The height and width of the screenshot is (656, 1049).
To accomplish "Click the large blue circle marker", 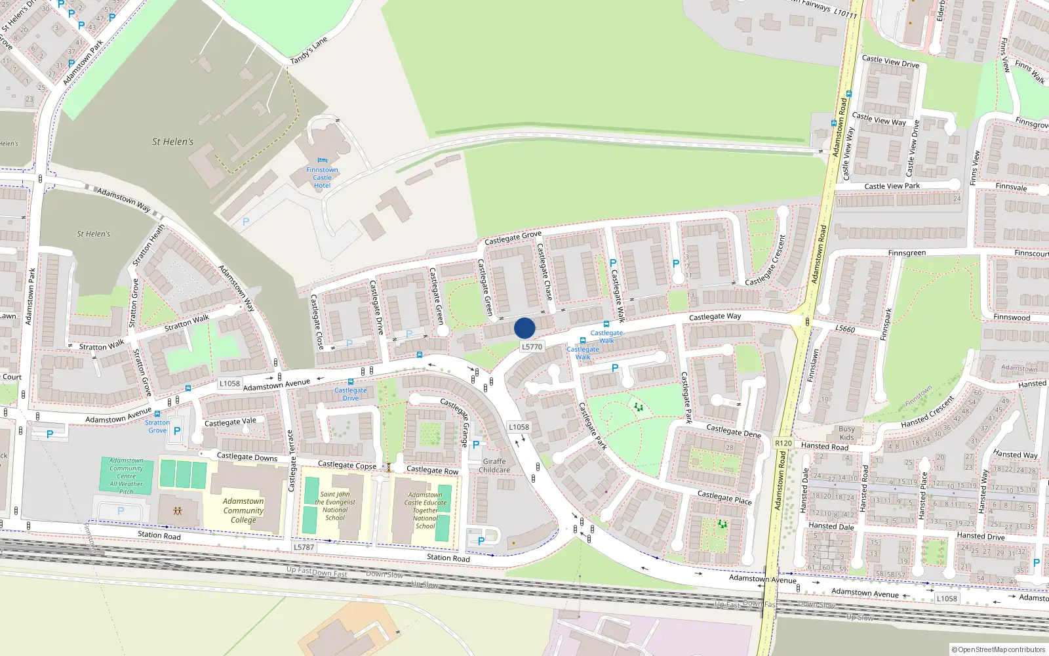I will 524,328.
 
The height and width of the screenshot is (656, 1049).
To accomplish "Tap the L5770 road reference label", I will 532,347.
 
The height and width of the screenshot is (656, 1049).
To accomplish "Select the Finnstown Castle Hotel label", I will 322,178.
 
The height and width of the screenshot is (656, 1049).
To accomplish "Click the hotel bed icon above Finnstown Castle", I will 322,160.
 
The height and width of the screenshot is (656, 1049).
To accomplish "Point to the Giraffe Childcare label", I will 494,466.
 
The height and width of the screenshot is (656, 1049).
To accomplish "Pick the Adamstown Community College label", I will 243,510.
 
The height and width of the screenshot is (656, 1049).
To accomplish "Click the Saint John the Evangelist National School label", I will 335,506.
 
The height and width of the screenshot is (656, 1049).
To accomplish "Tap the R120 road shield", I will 783,443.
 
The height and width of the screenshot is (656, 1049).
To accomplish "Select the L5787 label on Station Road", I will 304,547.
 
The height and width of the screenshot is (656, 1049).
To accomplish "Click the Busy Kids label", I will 846,433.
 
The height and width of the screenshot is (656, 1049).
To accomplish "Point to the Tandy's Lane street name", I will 309,51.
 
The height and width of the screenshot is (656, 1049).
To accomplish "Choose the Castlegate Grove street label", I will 513,237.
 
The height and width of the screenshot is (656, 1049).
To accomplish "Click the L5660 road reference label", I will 845,328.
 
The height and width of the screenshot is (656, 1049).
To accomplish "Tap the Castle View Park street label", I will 892,186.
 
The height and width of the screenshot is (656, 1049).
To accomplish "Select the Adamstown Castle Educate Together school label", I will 425,510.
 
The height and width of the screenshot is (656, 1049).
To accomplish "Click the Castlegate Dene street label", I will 734,430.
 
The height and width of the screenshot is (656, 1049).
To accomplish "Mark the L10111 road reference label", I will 845,13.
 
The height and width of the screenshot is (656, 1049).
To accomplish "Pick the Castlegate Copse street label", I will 347,465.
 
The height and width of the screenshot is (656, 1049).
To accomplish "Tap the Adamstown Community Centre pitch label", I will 127,476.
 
